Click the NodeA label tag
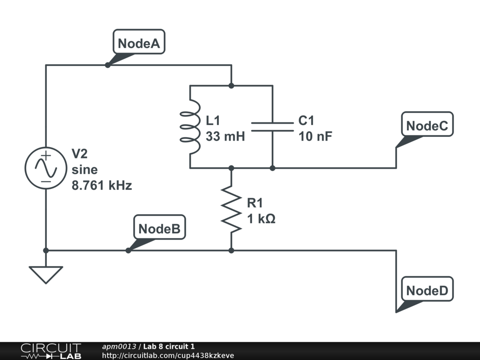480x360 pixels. point(139,44)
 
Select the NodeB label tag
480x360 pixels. point(159,229)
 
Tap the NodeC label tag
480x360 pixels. point(427,126)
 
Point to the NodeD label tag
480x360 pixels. point(427,290)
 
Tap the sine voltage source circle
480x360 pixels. point(46,168)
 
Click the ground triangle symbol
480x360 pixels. point(46,274)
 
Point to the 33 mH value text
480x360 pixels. point(225,137)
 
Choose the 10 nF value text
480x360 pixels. point(315,137)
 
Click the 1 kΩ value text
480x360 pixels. point(261,218)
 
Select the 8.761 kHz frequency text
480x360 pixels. point(102,186)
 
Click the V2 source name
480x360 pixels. point(79,153)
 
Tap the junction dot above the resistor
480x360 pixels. point(231,168)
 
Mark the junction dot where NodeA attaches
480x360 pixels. point(107,65)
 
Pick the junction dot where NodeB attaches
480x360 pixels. point(128,250)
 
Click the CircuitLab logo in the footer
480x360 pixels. point(50,351)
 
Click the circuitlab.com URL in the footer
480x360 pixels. point(168,356)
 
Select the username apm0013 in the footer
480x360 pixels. point(119,346)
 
